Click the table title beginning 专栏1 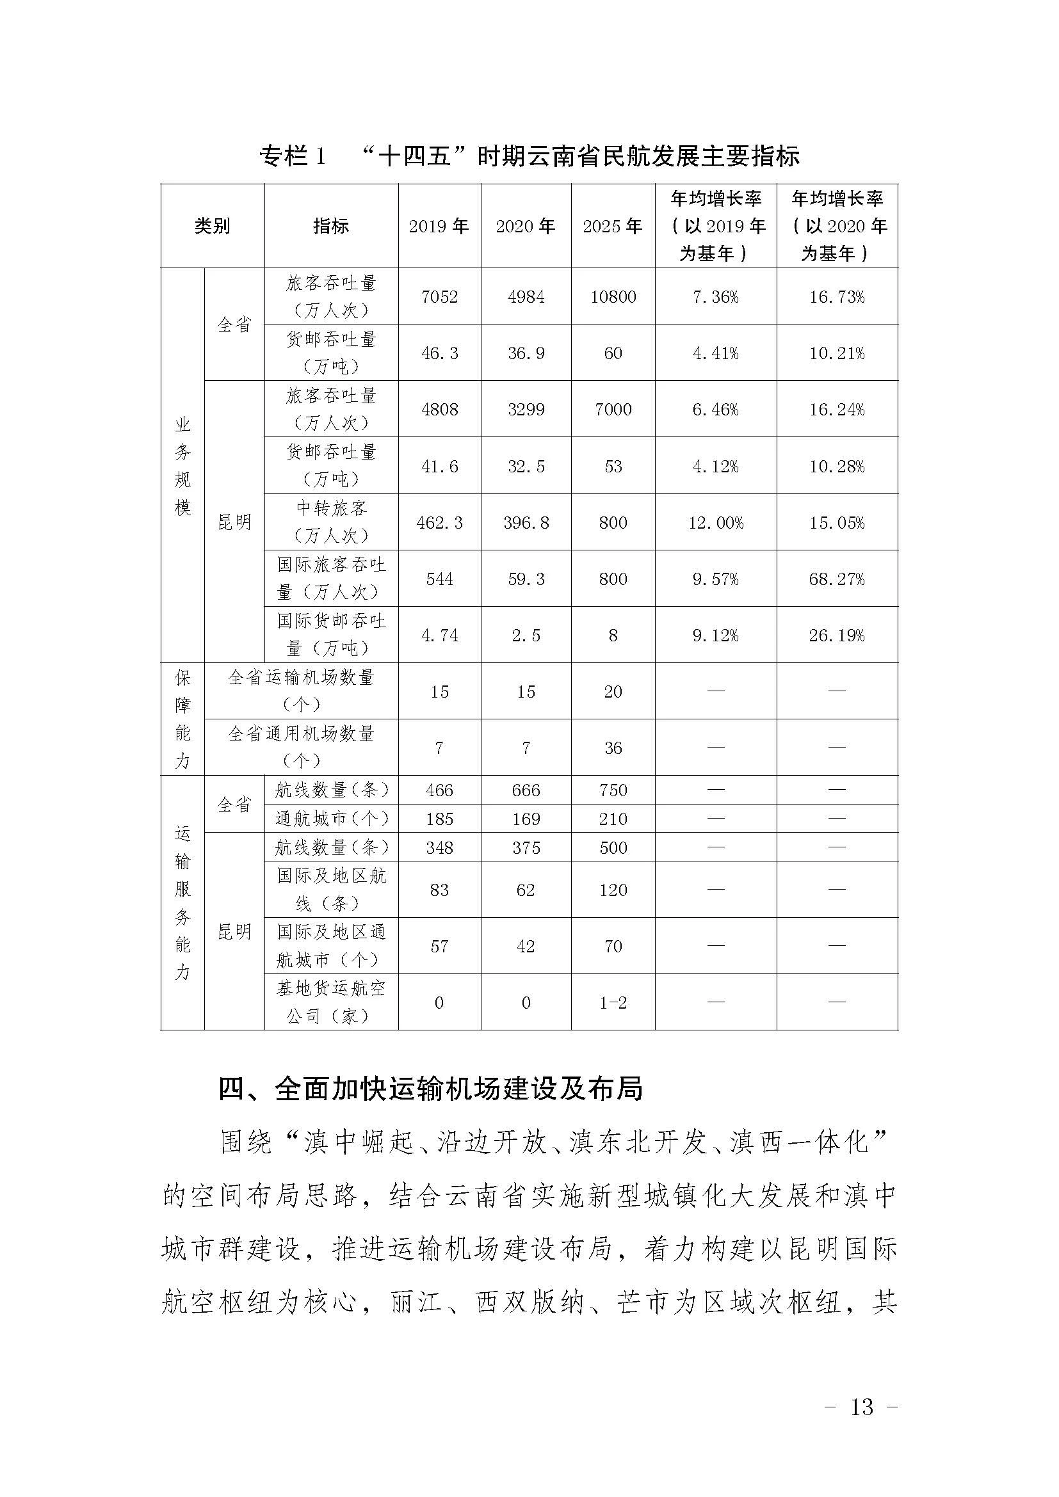(529, 156)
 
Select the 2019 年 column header (439, 226)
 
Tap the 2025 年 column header (612, 226)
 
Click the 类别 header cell (212, 226)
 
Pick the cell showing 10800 (613, 298)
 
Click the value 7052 (439, 298)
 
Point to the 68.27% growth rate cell (837, 579)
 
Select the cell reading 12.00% (715, 523)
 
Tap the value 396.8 (526, 523)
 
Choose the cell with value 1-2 (613, 1003)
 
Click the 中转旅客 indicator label (331, 522)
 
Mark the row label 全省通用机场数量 (301, 747)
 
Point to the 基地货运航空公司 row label (331, 1002)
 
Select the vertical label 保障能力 (182, 719)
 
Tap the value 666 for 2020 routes (526, 790)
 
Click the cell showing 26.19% (837, 636)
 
